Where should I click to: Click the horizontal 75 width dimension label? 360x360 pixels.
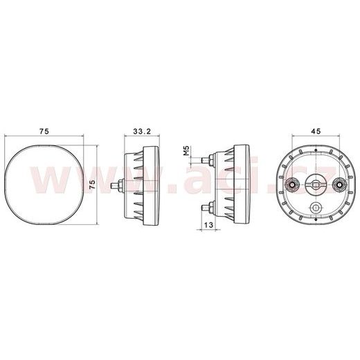click(x=43, y=130)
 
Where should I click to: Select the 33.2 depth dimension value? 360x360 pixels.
click(x=143, y=130)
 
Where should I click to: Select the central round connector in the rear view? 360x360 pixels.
click(x=316, y=183)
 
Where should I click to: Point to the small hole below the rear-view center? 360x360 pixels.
click(x=316, y=208)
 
